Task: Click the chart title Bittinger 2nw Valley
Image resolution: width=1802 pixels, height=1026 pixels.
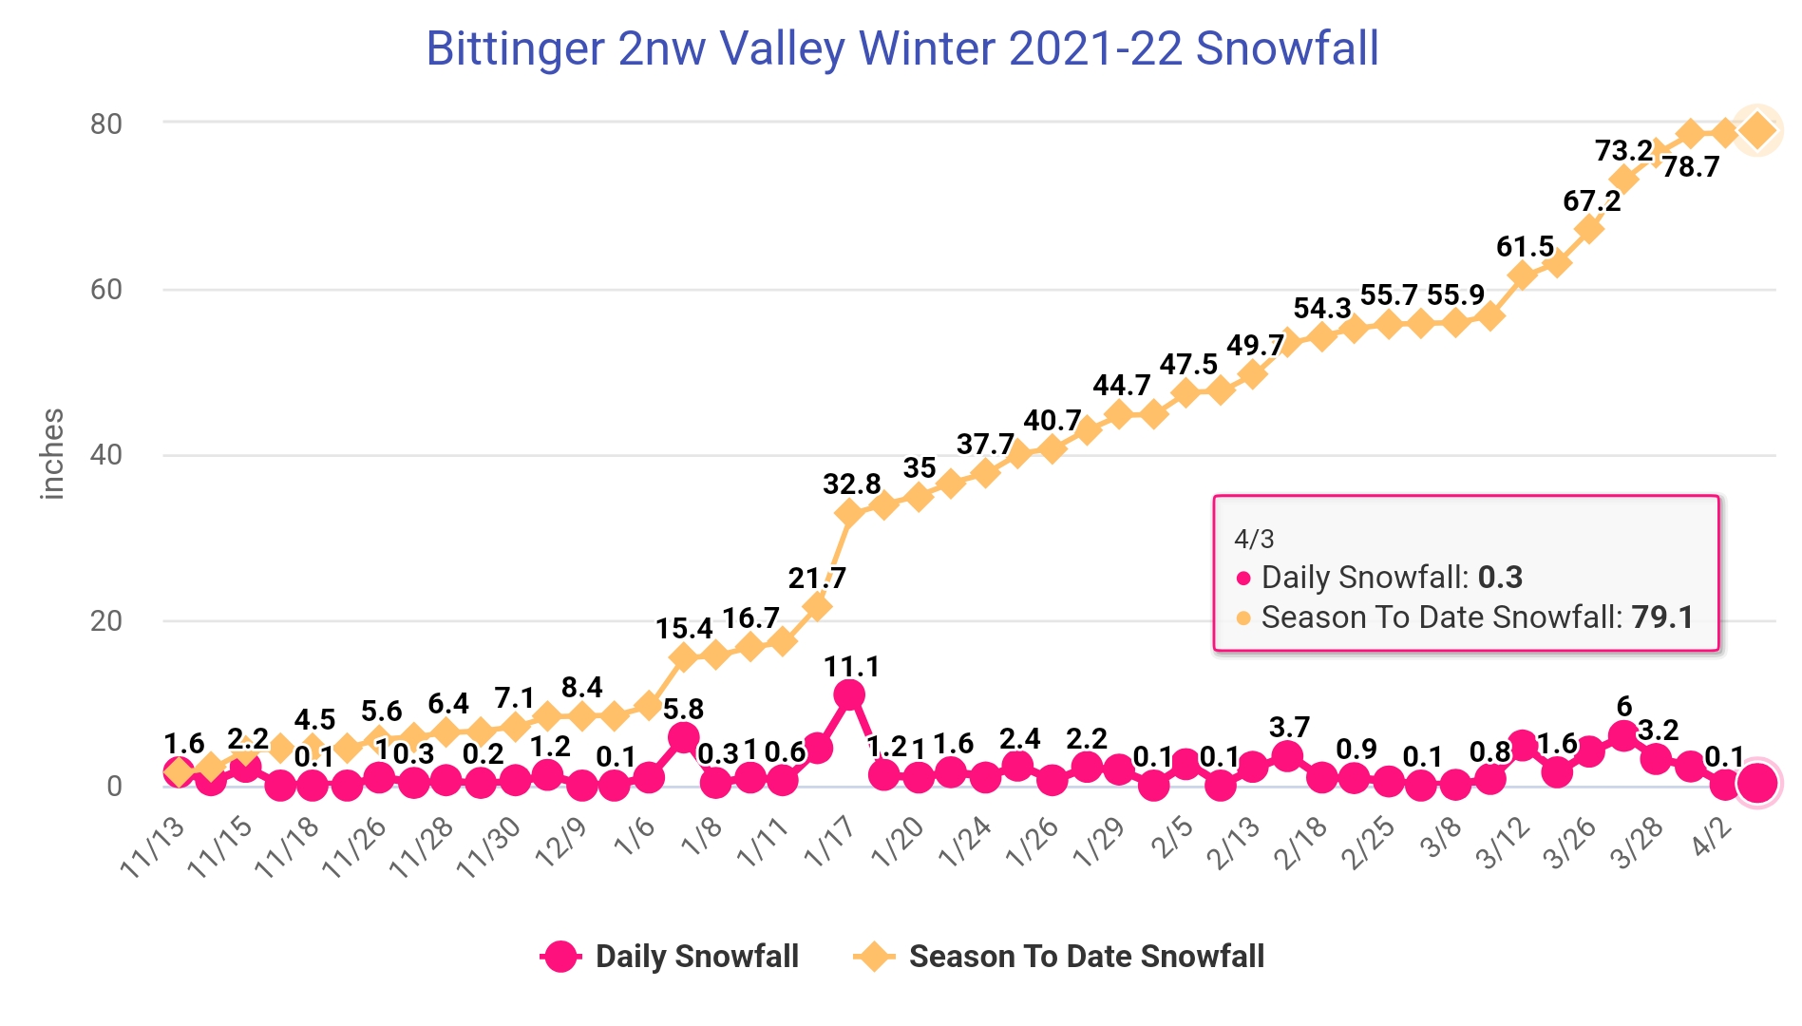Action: click(901, 48)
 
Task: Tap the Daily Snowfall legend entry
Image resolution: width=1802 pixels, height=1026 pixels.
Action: click(670, 956)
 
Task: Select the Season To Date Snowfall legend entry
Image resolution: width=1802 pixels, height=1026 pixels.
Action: click(1059, 956)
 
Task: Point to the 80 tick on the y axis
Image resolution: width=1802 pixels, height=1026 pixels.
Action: click(106, 123)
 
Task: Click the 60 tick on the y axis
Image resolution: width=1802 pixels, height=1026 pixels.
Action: click(106, 289)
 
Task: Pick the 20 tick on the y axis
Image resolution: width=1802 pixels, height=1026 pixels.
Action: click(106, 620)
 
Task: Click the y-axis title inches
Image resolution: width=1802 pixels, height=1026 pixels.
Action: click(52, 454)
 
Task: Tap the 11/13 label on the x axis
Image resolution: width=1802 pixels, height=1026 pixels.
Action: click(154, 846)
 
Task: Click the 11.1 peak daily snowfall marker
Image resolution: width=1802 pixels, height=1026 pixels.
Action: click(849, 695)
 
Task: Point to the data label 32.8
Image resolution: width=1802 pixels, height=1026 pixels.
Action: click(852, 484)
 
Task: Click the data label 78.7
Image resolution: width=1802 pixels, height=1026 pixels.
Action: click(1691, 167)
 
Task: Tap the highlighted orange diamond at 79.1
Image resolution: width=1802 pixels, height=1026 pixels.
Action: click(1757, 130)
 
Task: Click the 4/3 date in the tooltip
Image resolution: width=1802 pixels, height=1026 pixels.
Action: click(1254, 540)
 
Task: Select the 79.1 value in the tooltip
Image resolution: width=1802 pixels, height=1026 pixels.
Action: click(1662, 617)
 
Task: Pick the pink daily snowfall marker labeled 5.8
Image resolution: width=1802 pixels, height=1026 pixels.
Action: click(683, 737)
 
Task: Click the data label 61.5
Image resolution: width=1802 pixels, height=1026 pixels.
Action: click(1525, 247)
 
